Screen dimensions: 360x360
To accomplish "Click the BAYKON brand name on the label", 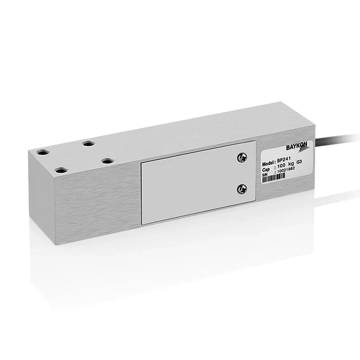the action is click(297, 146).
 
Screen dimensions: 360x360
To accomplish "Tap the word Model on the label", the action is click(268, 164).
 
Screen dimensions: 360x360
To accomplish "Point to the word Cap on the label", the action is click(266, 170).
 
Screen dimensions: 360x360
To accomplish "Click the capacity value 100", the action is click(281, 166).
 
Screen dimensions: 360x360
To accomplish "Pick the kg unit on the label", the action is click(291, 164).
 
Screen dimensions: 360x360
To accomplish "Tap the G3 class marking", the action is click(299, 162).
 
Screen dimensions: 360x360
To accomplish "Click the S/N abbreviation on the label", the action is click(265, 175).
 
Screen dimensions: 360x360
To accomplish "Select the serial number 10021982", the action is click(286, 171).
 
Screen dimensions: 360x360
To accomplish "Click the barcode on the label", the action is click(274, 177).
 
